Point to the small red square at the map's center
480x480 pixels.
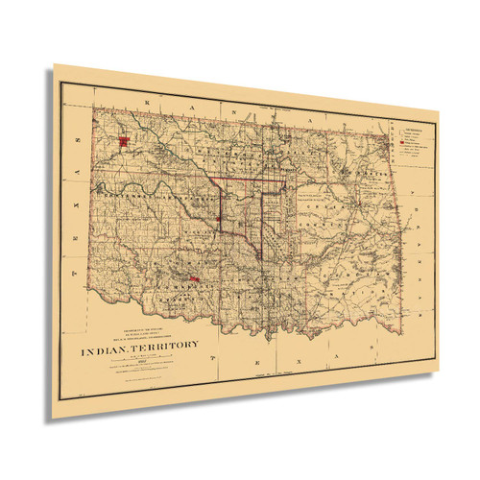(x=220, y=218)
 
